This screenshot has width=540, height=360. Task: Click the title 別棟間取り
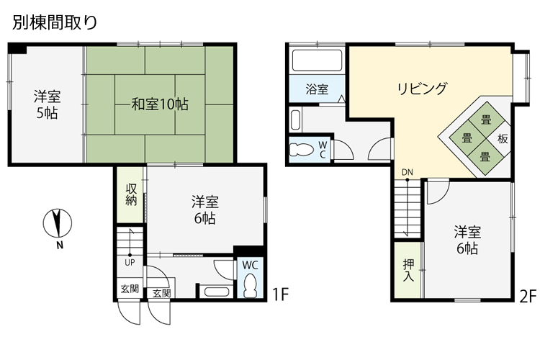pyautogui.click(x=54, y=22)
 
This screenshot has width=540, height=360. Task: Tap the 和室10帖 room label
pyautogui.click(x=160, y=104)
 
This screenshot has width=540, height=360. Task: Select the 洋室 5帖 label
pyautogui.click(x=48, y=104)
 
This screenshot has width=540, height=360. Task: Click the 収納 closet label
pyautogui.click(x=131, y=194)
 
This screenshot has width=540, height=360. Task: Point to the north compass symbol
pyautogui.click(x=57, y=224)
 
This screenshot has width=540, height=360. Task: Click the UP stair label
pyautogui.click(x=130, y=262)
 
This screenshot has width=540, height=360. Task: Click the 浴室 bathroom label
pyautogui.click(x=317, y=90)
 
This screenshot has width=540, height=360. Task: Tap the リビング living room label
pyautogui.click(x=423, y=89)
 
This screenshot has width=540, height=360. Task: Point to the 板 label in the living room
pyautogui.click(x=503, y=138)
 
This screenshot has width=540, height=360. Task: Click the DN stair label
pyautogui.click(x=408, y=171)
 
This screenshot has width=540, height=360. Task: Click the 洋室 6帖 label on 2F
pyautogui.click(x=467, y=240)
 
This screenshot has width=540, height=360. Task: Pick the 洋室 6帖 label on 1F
pyautogui.click(x=204, y=209)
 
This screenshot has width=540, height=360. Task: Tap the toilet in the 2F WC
pyautogui.click(x=301, y=150)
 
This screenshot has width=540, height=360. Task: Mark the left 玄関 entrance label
pyautogui.click(x=130, y=289)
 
